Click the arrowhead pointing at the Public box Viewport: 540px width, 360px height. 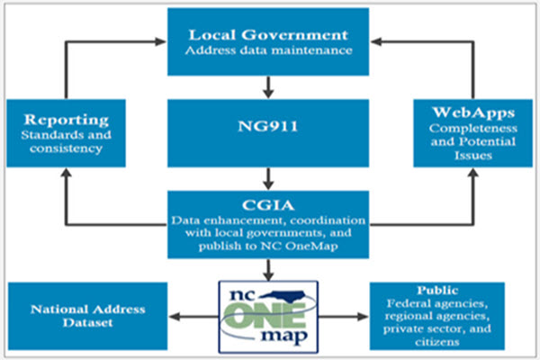point(363,316)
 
